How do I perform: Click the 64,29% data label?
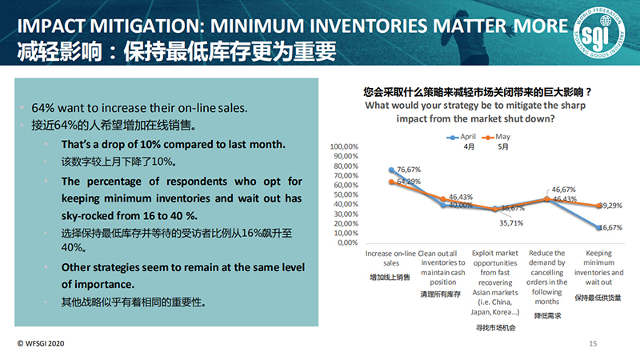[410, 182]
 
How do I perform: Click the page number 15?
[593, 345]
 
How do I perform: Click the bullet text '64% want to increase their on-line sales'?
[139, 108]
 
